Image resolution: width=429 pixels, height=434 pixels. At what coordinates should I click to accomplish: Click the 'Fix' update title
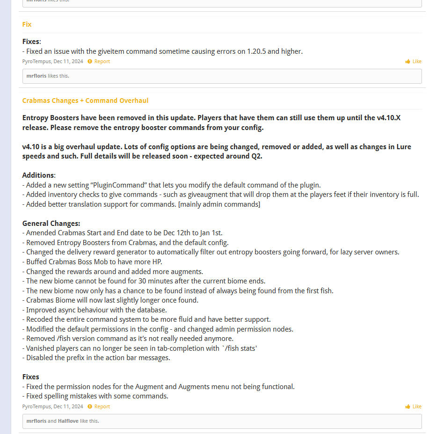click(x=27, y=24)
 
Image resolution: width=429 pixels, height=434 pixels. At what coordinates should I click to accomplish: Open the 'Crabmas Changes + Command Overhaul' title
click(x=85, y=101)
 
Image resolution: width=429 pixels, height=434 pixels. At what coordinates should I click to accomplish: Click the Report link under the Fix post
click(x=102, y=61)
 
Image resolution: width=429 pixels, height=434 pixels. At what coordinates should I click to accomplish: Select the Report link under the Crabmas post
click(x=102, y=406)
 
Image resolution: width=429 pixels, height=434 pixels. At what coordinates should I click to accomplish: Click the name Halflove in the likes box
click(x=68, y=421)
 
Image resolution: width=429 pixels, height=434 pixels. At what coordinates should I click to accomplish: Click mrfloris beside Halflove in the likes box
click(x=36, y=421)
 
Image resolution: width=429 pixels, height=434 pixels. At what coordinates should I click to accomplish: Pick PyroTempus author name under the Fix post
click(x=36, y=61)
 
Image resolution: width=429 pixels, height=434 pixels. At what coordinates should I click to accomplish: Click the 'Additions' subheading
click(x=38, y=175)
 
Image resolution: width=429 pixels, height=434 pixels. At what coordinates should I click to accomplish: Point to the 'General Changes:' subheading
click(x=51, y=224)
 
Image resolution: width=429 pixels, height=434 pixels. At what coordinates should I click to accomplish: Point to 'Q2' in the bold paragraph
click(x=256, y=156)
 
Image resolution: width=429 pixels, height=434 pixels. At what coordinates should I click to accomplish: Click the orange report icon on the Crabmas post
click(x=90, y=406)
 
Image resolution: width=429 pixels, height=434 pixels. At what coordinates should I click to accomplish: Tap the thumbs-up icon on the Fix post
click(x=407, y=61)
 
